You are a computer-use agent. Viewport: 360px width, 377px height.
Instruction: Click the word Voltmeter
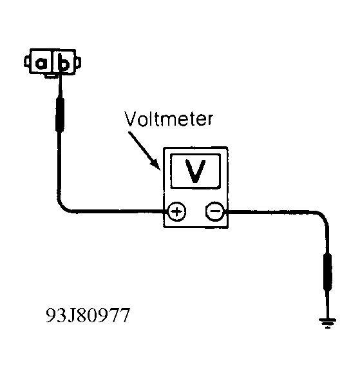click(x=169, y=119)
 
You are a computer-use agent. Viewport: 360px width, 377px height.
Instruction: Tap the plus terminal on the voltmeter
click(x=176, y=211)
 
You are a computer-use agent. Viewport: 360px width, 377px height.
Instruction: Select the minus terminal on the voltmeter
click(x=215, y=211)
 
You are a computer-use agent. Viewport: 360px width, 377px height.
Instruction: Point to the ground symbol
click(x=327, y=323)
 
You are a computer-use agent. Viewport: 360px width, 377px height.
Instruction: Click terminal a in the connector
click(x=41, y=63)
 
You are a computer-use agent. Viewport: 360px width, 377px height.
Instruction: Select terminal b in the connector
click(x=63, y=63)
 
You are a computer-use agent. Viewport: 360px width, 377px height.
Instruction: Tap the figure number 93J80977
click(x=88, y=315)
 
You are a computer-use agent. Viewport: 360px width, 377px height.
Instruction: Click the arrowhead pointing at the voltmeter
click(x=156, y=165)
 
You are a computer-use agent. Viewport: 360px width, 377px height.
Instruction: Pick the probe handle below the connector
click(x=60, y=114)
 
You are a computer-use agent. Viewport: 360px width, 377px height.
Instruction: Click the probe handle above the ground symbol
click(x=328, y=272)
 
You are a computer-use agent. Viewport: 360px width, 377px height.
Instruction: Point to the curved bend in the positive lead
click(x=63, y=205)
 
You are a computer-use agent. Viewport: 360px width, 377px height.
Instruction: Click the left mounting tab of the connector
click(x=26, y=62)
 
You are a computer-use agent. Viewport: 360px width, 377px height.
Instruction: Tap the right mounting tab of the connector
click(x=78, y=63)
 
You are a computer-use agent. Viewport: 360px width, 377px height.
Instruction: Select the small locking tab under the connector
click(x=52, y=76)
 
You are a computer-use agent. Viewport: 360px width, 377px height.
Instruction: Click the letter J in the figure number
click(x=71, y=316)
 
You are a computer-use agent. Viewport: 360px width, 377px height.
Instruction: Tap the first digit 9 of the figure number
click(x=51, y=315)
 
